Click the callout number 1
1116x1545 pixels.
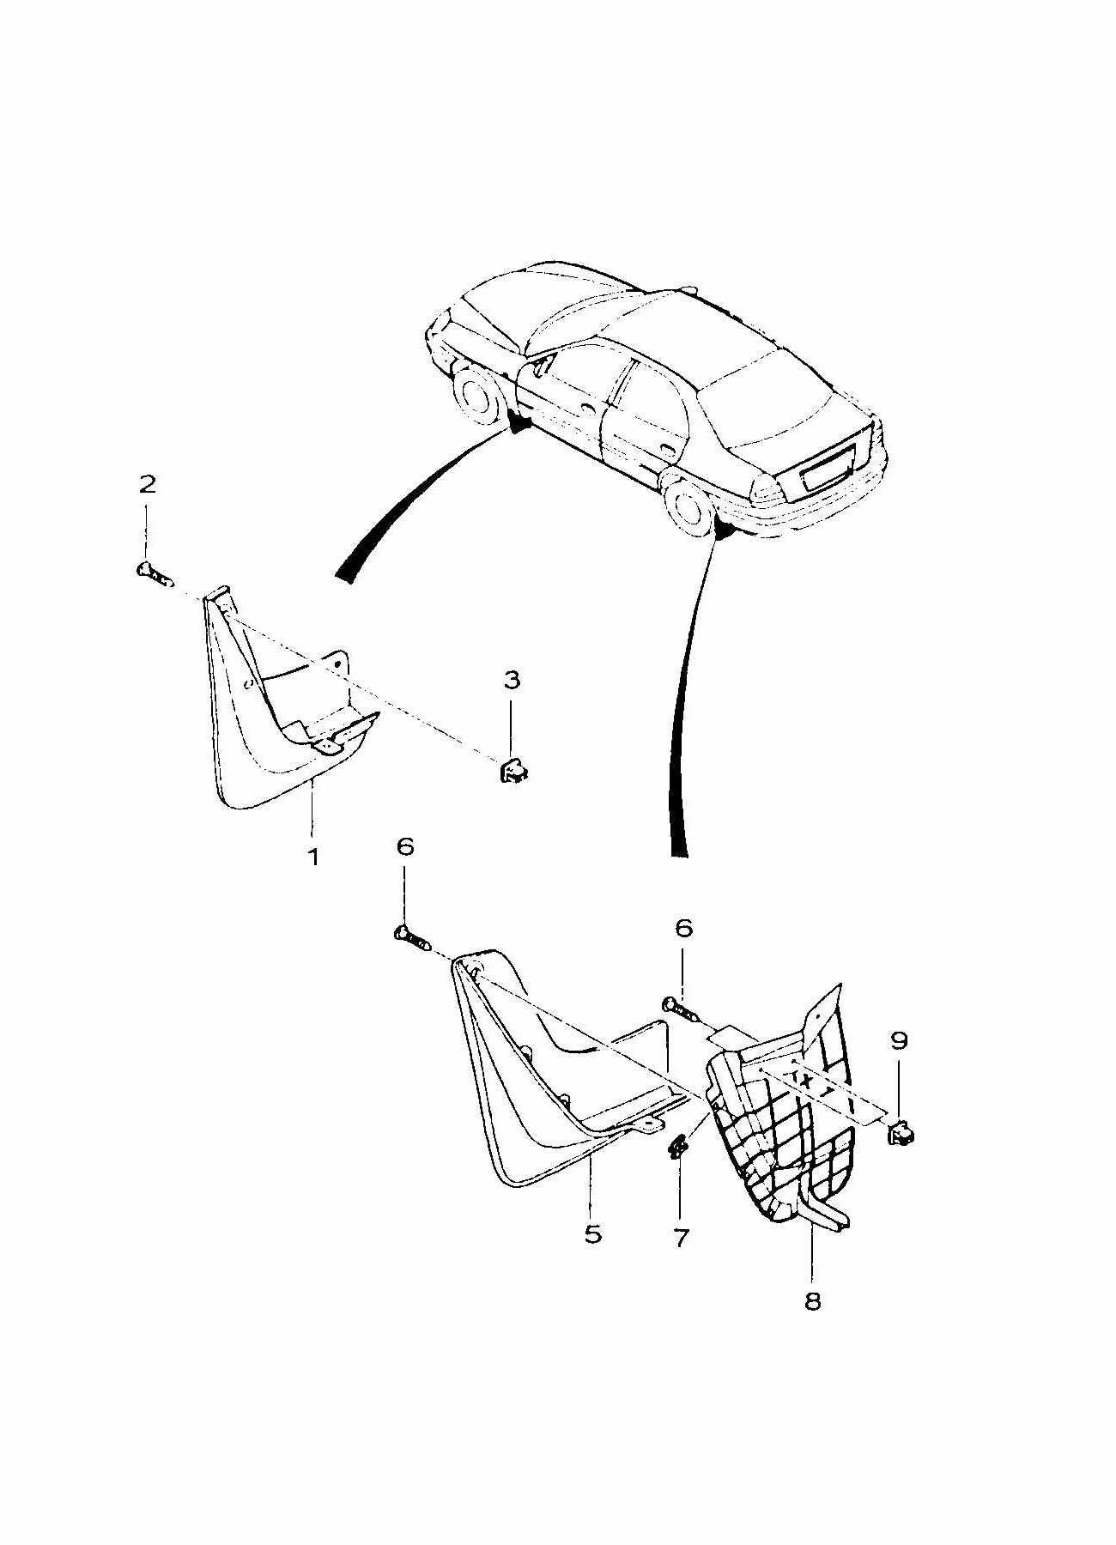(314, 856)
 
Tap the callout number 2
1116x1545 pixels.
(148, 485)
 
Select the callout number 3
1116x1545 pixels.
(511, 681)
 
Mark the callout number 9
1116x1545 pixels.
(899, 1041)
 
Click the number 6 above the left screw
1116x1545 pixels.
(405, 847)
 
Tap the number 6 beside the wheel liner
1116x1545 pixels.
(682, 928)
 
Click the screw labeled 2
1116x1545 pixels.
(149, 571)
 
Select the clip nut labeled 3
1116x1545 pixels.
(513, 772)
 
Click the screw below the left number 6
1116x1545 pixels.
(410, 938)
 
